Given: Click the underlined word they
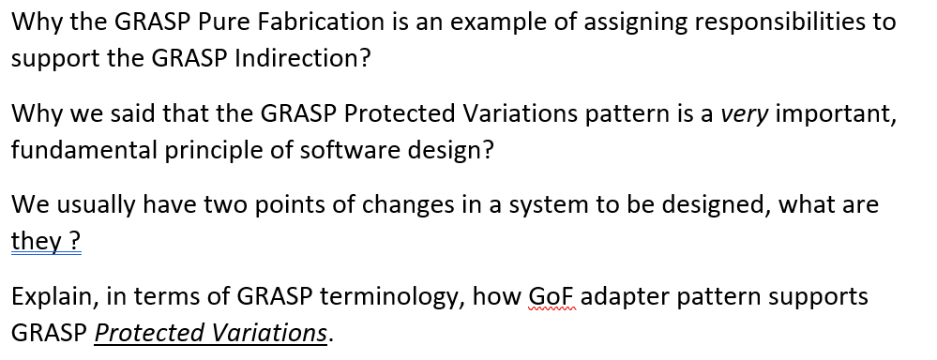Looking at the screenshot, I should pos(34,242).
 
